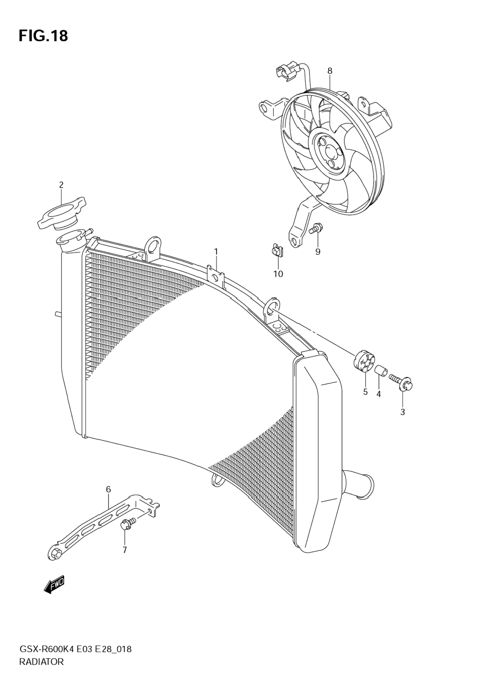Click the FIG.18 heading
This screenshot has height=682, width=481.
[x=43, y=36]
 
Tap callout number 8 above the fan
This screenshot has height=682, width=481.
[x=330, y=71]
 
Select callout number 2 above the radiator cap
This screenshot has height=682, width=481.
[x=61, y=185]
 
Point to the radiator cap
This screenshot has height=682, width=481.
[x=61, y=213]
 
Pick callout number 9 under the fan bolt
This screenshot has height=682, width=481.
[x=318, y=252]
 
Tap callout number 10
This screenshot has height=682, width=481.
[x=278, y=274]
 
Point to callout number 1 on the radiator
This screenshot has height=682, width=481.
[x=216, y=252]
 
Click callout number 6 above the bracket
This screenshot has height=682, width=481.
[x=108, y=490]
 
